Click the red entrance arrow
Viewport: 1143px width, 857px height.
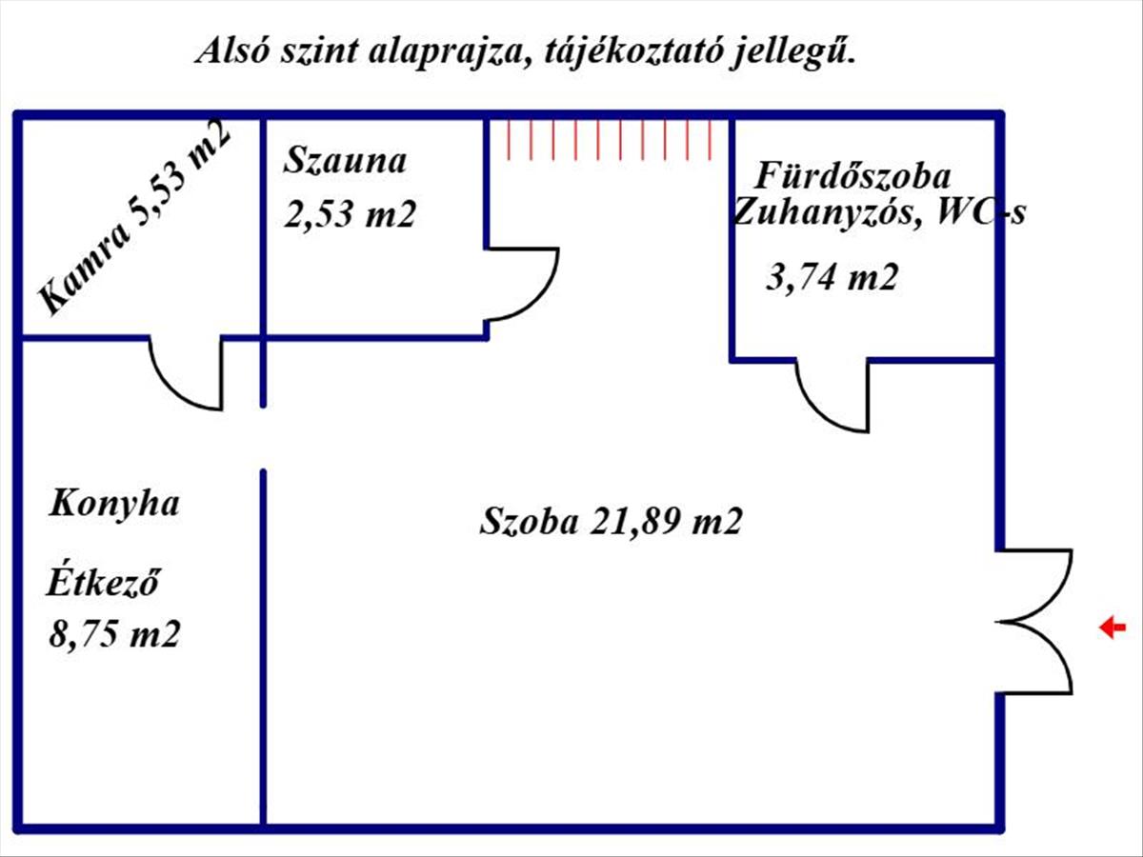(1113, 628)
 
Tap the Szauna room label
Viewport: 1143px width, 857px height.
(345, 160)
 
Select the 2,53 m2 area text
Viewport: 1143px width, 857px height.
(351, 215)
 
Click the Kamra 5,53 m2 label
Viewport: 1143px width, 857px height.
(135, 217)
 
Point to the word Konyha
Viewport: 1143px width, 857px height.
(114, 504)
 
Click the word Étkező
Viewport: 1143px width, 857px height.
(102, 581)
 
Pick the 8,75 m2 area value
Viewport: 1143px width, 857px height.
(115, 634)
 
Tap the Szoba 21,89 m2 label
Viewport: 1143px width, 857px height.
(611, 522)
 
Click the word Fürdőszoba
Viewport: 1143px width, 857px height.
(852, 176)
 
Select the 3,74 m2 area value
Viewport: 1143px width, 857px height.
(832, 278)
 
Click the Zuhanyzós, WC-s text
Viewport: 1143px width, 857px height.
(878, 213)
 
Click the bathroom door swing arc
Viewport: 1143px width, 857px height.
(832, 398)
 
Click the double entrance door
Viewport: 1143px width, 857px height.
(1036, 622)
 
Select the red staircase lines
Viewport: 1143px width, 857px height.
(610, 139)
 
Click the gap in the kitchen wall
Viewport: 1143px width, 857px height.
(263, 438)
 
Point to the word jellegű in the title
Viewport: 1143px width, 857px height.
(792, 50)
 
